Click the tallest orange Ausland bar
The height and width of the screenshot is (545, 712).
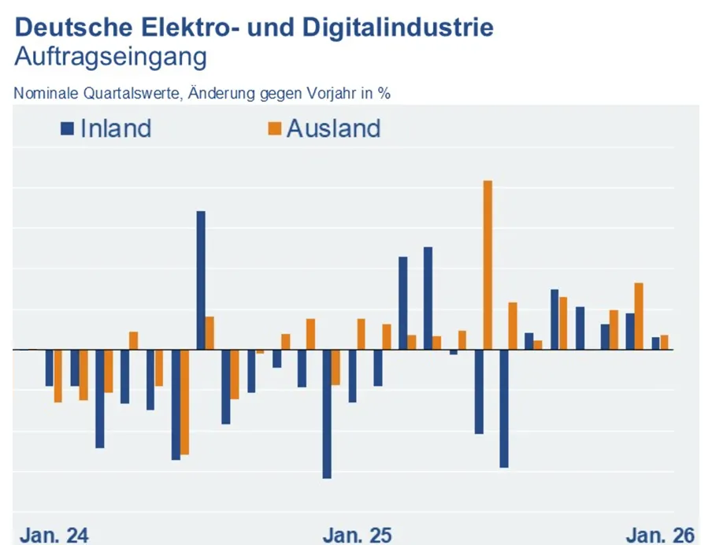coord(488,265)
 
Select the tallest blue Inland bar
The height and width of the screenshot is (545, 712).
coord(201,280)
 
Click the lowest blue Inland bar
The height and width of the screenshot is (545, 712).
coord(327,413)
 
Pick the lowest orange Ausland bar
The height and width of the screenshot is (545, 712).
coord(184,402)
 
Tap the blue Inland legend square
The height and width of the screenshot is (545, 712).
coord(67,128)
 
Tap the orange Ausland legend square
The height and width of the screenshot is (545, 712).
coord(274,128)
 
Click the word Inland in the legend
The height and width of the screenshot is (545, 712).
coord(115,128)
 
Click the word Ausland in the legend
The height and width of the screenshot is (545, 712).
coord(333,128)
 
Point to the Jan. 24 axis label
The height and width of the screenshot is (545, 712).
coord(54,536)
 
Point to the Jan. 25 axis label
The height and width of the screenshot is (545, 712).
coord(357,536)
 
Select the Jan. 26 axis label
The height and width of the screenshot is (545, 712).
coord(660,536)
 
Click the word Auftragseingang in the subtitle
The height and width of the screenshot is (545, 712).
coord(111,57)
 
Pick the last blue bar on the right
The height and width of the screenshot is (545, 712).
coord(655,343)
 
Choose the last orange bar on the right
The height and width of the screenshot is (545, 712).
coord(664,342)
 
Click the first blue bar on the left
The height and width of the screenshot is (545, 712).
coord(50,367)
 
